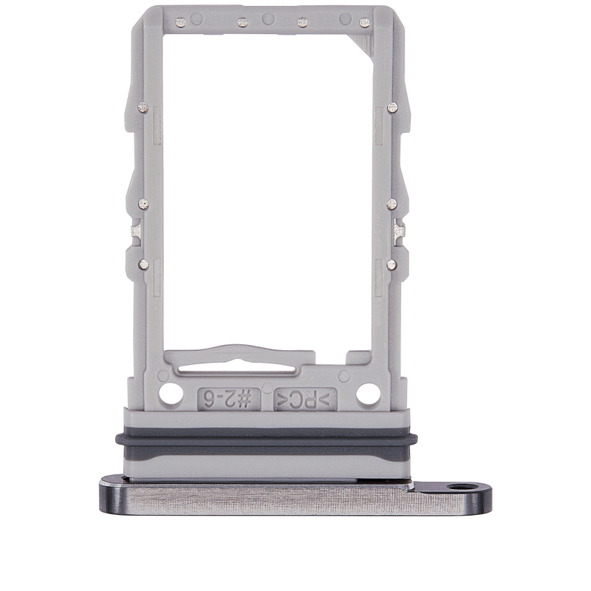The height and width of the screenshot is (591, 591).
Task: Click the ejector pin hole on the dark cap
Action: pos(457,487)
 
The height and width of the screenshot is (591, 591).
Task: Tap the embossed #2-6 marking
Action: pos(229,399)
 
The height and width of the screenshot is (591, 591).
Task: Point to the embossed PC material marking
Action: pos(305,399)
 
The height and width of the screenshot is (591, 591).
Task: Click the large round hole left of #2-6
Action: pos(171,394)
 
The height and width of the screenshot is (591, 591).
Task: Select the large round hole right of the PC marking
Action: pos(368,394)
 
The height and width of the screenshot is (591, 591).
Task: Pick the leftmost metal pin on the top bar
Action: pos(181,23)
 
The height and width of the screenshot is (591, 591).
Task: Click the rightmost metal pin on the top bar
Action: pos(364,23)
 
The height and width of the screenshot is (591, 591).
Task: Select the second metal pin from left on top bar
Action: pos(243,23)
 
